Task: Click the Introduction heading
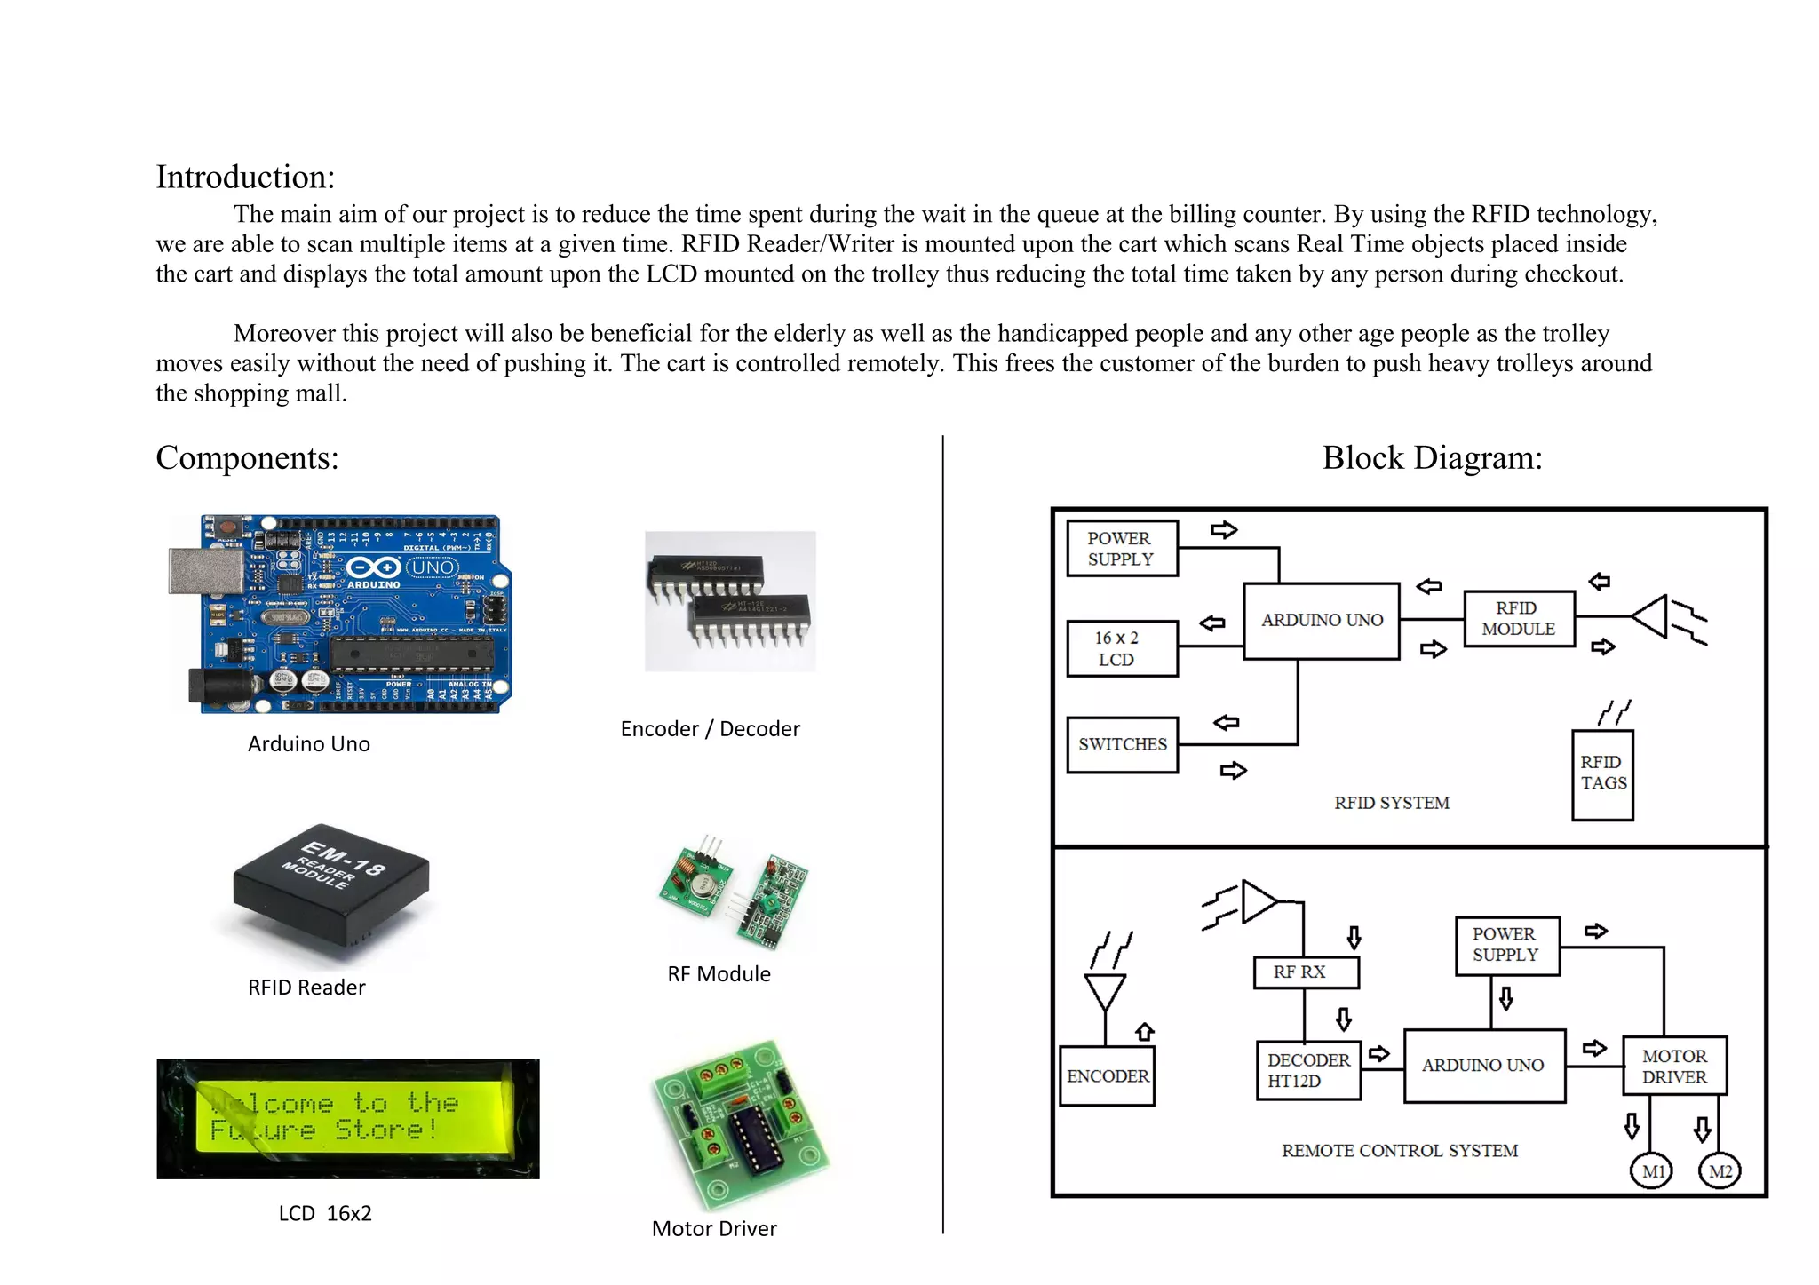click(245, 177)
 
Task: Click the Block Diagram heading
click(1432, 458)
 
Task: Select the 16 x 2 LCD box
click(1122, 649)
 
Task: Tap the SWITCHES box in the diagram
click(1122, 745)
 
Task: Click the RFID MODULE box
click(1518, 619)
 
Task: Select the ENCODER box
click(1107, 1076)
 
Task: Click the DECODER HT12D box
click(1308, 1071)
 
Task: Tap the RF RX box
click(1305, 972)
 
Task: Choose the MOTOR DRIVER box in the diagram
click(1674, 1067)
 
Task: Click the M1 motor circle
click(1652, 1171)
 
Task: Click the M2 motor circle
click(1720, 1171)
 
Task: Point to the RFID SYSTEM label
click(1391, 803)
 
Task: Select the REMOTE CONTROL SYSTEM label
click(1399, 1151)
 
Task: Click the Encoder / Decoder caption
click(710, 729)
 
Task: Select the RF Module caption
click(719, 974)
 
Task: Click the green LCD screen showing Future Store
click(348, 1118)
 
